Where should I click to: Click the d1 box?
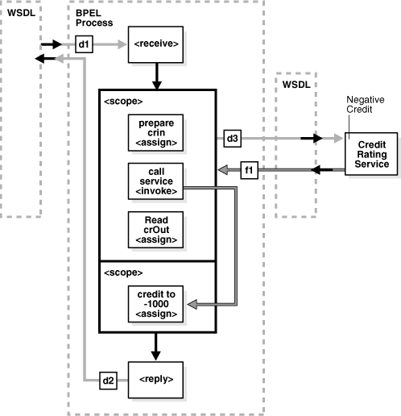[x=85, y=44]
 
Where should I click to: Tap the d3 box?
[x=232, y=139]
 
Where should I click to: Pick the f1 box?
[x=250, y=170]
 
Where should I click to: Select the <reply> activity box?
[x=156, y=376]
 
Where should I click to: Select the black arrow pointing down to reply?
[x=156, y=345]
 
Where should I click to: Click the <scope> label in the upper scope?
[x=122, y=102]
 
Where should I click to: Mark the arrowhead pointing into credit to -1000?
[x=192, y=305]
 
